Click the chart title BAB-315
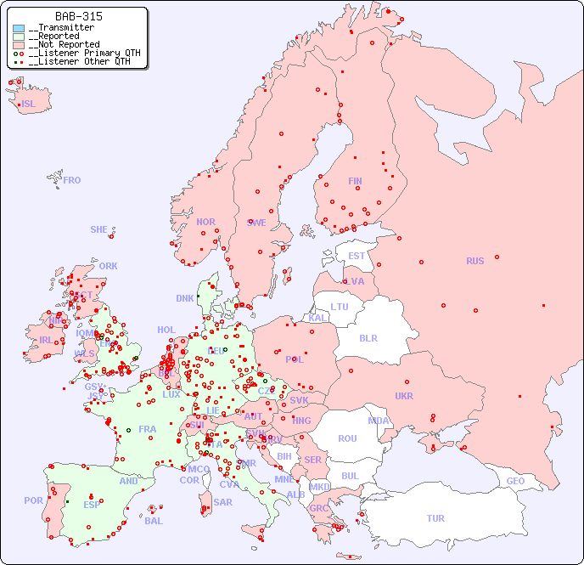[x=79, y=16]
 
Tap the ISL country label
[x=29, y=105]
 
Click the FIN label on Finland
[x=355, y=181]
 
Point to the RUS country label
[x=474, y=261]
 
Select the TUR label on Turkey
[x=435, y=518]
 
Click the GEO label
[x=515, y=481]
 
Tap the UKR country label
[x=404, y=396]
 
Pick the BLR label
[x=368, y=337]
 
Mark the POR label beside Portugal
[x=33, y=500]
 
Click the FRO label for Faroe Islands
[x=72, y=180]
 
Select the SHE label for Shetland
[x=99, y=229]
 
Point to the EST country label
[x=357, y=256]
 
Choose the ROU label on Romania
[x=347, y=438]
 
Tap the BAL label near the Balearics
[x=153, y=521]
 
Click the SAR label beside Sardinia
[x=222, y=502]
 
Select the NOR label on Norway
[x=205, y=222]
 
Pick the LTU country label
[x=340, y=307]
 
